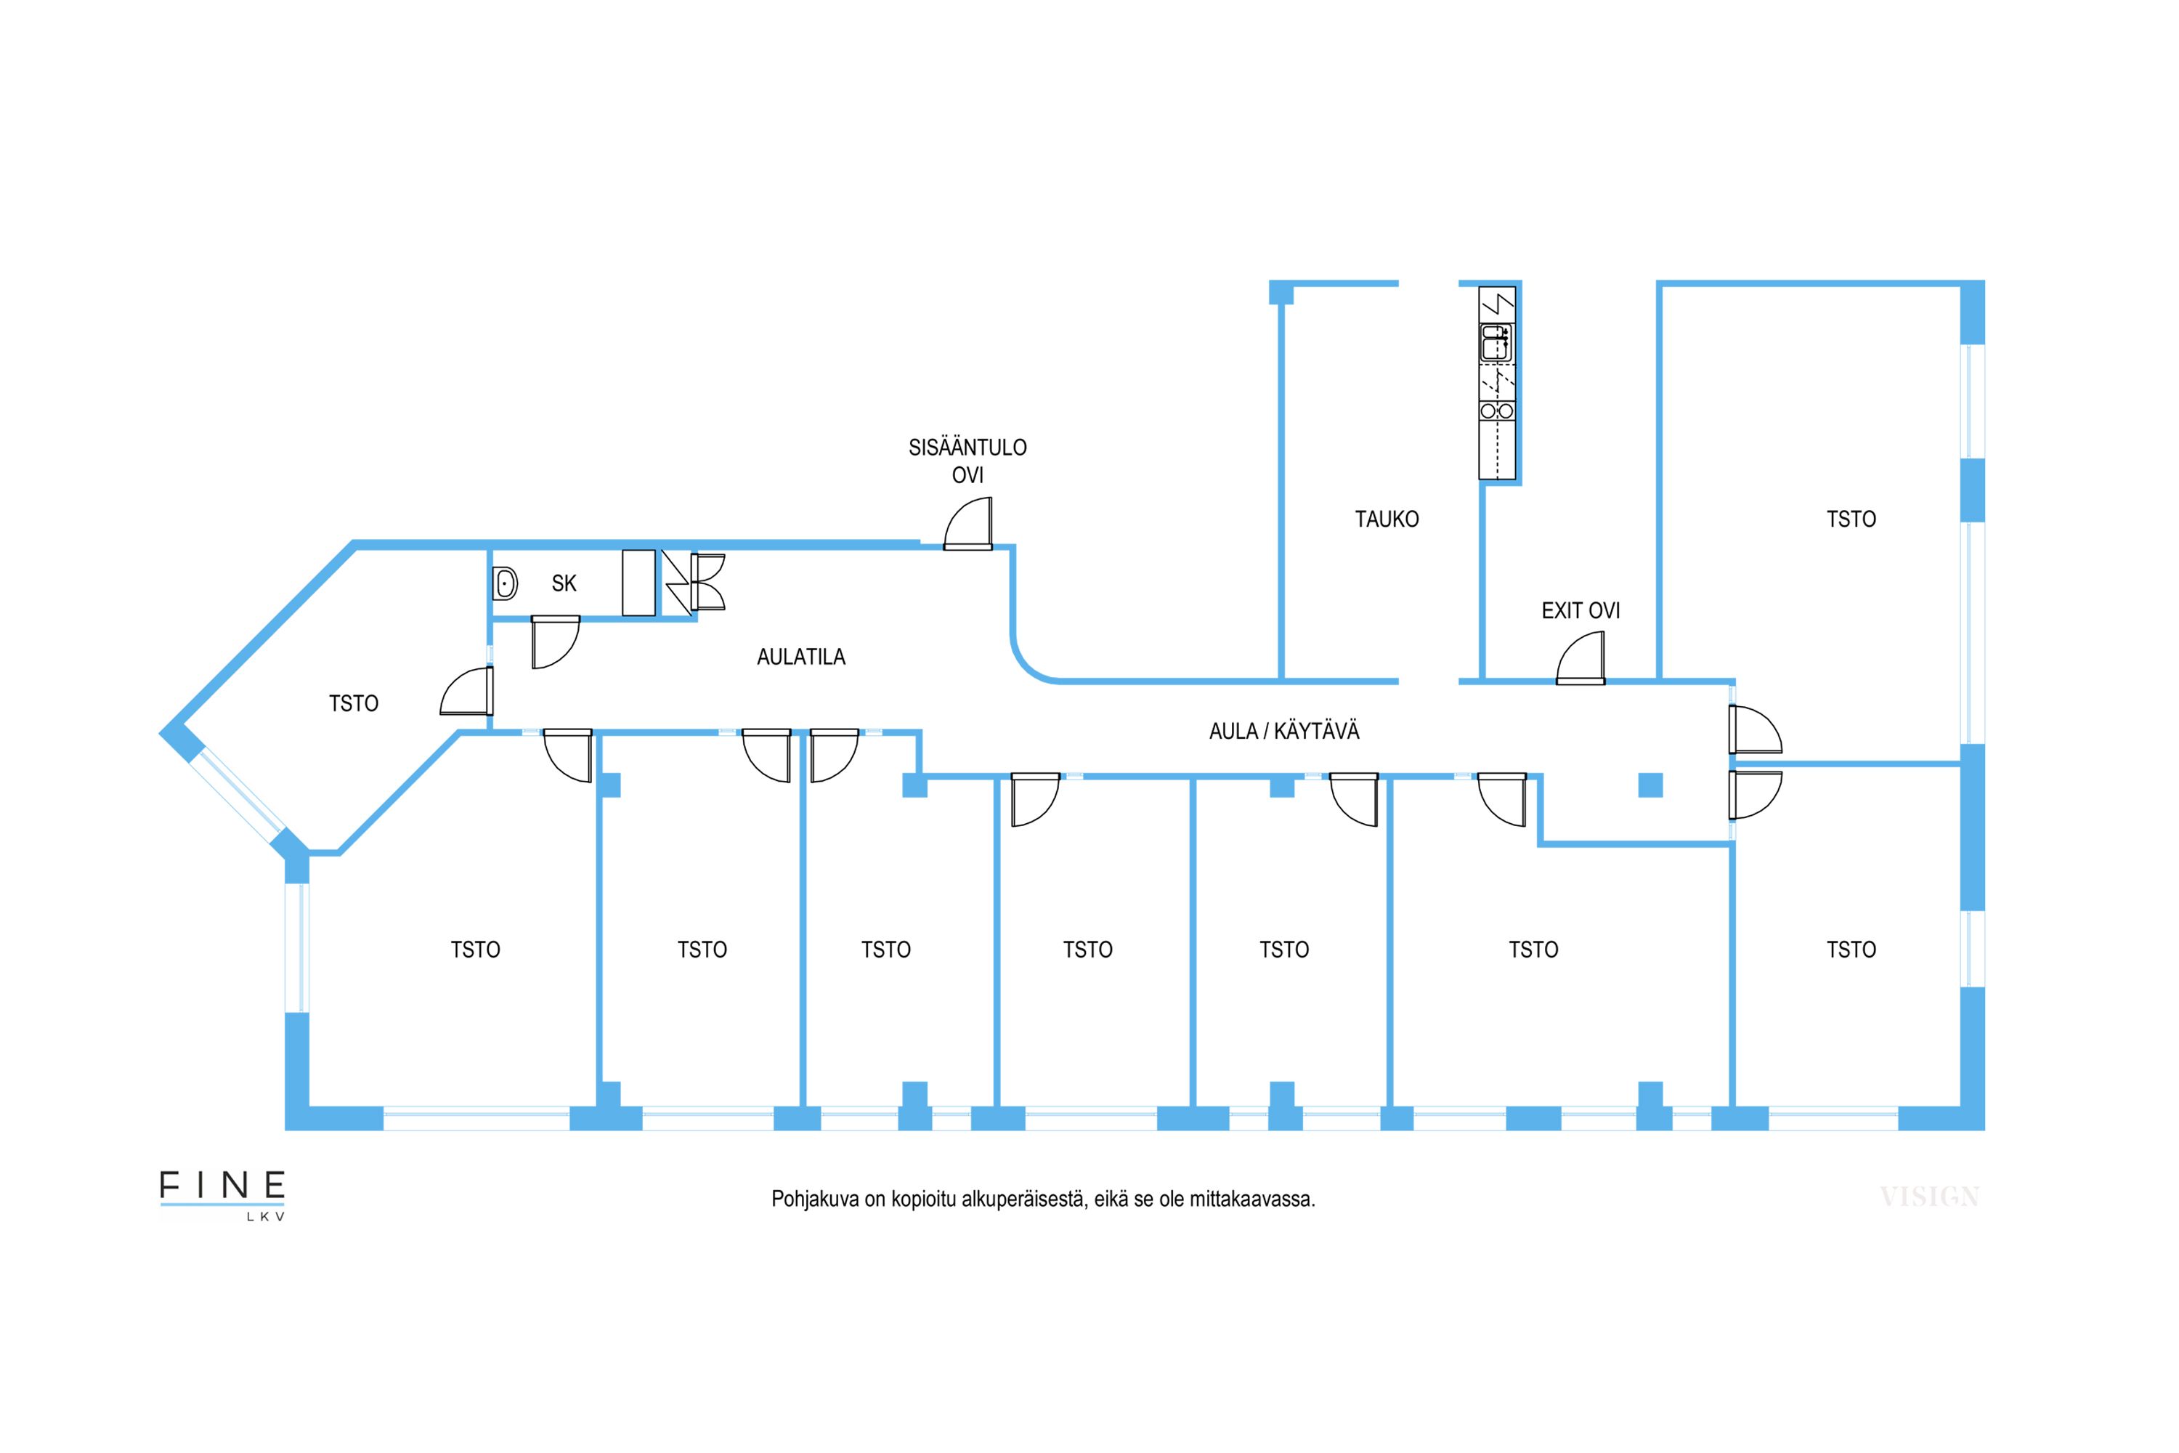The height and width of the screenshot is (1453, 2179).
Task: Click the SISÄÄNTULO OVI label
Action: click(x=967, y=461)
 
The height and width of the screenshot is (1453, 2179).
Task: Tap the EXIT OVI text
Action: click(x=1581, y=611)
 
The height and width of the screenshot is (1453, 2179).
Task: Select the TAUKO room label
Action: click(x=1387, y=519)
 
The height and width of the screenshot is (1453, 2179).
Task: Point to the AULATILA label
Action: click(x=801, y=657)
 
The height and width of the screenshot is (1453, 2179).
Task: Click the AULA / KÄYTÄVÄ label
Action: click(x=1284, y=731)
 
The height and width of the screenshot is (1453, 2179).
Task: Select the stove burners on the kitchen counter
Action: click(x=1496, y=410)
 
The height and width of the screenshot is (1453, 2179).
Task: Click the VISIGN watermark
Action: click(x=1929, y=1197)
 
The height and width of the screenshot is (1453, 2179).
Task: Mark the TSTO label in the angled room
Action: click(x=354, y=704)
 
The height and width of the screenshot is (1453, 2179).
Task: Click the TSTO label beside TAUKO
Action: click(x=1851, y=519)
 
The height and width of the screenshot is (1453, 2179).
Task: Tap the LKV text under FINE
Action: click(x=265, y=1217)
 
